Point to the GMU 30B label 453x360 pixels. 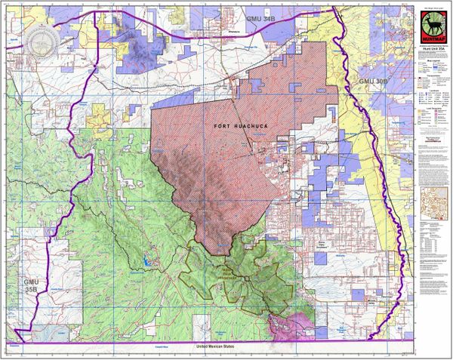[375, 80]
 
